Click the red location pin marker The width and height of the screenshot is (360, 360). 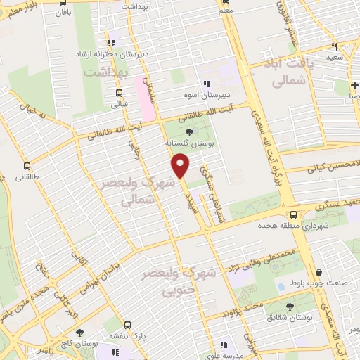181,165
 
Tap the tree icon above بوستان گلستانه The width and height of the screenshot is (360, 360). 188,131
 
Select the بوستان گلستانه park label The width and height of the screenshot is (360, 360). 188,143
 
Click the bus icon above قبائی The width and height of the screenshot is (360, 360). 117,93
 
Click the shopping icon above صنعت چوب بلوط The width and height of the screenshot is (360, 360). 319,274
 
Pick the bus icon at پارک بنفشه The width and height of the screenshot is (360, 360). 127,326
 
